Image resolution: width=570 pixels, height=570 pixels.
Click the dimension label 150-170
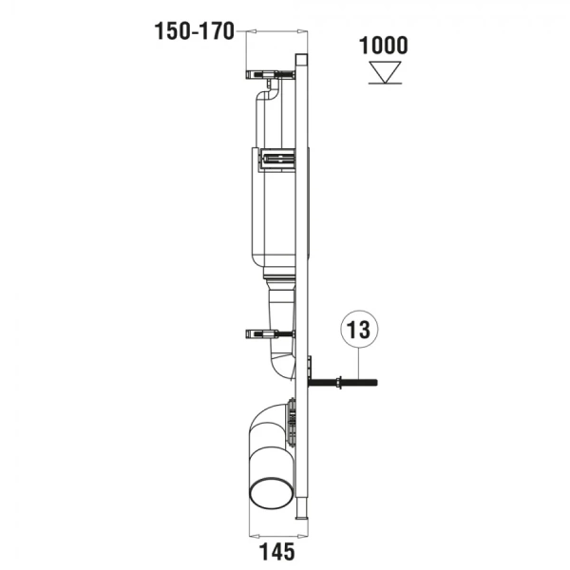coord(194,32)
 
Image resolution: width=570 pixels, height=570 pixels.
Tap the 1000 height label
coord(384,46)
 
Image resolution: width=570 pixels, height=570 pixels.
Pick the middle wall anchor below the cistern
coord(270,333)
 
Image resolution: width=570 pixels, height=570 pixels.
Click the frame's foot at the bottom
coord(302,513)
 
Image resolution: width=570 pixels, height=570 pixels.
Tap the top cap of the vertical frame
coord(302,57)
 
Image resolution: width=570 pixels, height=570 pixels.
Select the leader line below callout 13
coord(358,365)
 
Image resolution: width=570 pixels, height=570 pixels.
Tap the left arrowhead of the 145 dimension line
coord(252,526)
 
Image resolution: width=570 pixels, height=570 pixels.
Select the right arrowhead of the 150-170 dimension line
coord(299,32)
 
